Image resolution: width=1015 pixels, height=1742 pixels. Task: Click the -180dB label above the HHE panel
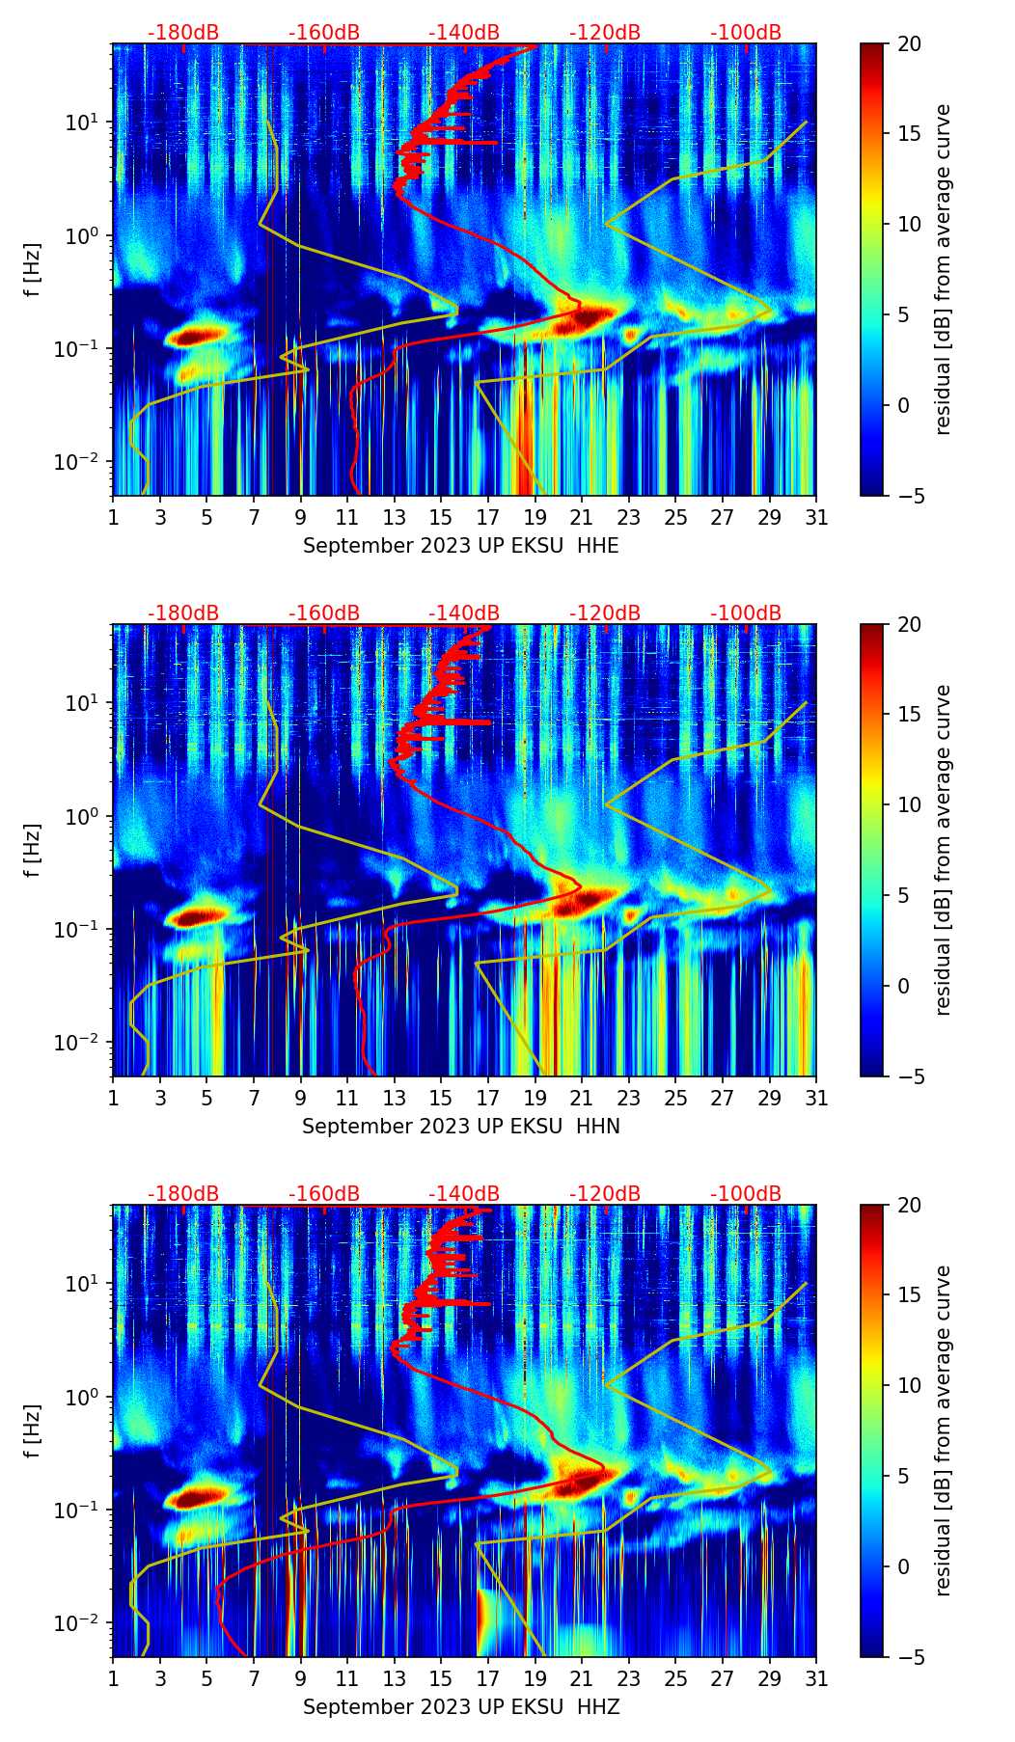pyautogui.click(x=183, y=33)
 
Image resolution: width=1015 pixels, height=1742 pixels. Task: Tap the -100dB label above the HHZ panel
pyautogui.click(x=746, y=1194)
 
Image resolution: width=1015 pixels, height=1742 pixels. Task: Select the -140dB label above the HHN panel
pyautogui.click(x=464, y=613)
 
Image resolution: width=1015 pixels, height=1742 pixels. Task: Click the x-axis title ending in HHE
pyautogui.click(x=461, y=546)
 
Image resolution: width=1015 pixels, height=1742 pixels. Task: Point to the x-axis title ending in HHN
pyautogui.click(x=461, y=1127)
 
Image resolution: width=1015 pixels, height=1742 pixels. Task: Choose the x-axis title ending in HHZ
pyautogui.click(x=461, y=1707)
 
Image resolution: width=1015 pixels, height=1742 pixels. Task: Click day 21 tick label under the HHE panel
pyautogui.click(x=582, y=517)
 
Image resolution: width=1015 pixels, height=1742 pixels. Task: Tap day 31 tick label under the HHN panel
pyautogui.click(x=816, y=1098)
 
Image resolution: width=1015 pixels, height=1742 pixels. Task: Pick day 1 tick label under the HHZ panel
pyautogui.click(x=113, y=1678)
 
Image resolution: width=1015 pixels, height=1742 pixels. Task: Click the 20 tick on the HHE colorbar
pyautogui.click(x=909, y=43)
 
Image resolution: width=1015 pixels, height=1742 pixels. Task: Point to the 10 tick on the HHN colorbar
pyautogui.click(x=909, y=804)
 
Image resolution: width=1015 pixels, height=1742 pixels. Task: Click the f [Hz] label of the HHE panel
pyautogui.click(x=33, y=269)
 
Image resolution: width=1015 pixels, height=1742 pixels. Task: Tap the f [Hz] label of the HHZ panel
pyautogui.click(x=33, y=1430)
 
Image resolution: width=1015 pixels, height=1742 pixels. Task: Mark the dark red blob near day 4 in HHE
pyautogui.click(x=198, y=336)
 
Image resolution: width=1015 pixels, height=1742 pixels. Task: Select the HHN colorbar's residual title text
pyautogui.click(x=943, y=850)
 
